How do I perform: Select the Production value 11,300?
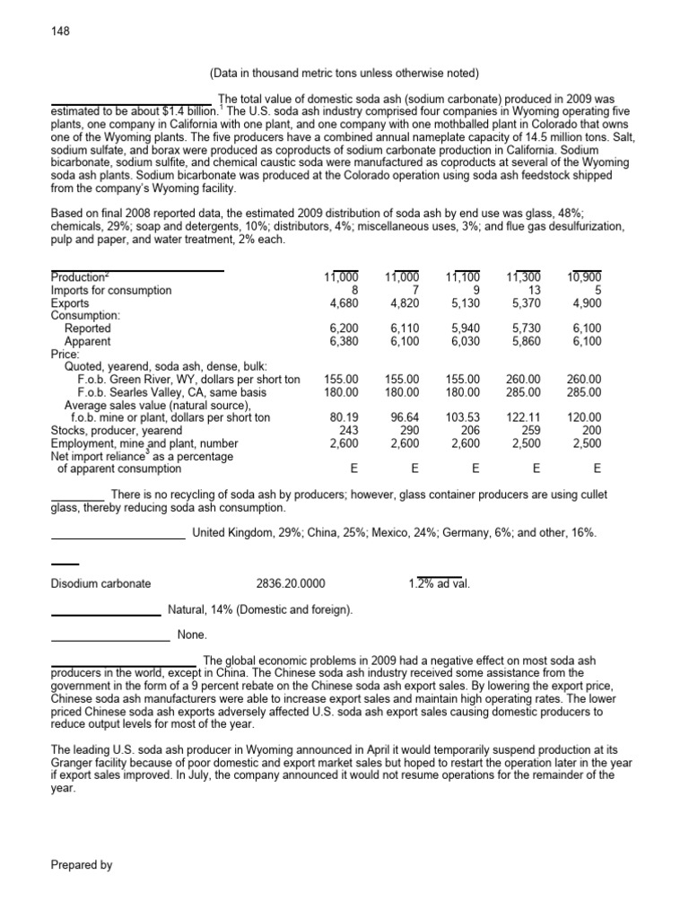[x=524, y=277]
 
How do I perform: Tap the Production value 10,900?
[x=584, y=277]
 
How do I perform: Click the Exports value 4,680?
[x=344, y=303]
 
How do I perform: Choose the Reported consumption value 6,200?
[x=344, y=329]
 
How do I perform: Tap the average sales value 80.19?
[x=344, y=418]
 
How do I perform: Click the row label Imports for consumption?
[x=111, y=291]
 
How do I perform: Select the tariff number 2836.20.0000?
[x=292, y=583]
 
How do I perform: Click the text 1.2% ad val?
[x=439, y=583]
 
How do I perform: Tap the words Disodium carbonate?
[x=101, y=583]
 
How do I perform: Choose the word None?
[x=192, y=635]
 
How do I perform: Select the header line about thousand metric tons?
[x=344, y=73]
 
